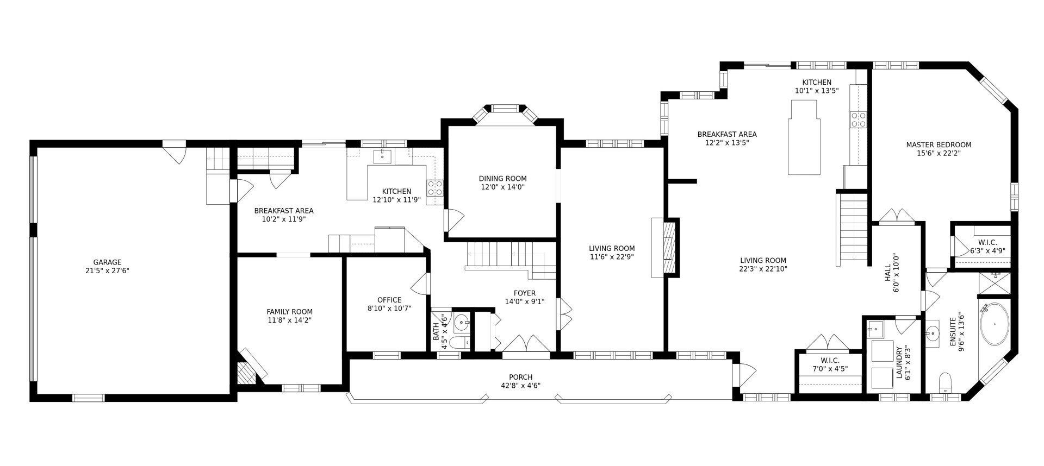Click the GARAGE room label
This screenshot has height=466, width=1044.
(x=107, y=262)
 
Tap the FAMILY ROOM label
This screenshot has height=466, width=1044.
(x=289, y=312)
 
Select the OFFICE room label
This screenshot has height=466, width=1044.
(x=389, y=300)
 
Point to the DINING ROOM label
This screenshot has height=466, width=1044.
(x=502, y=178)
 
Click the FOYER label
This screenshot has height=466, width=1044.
(x=524, y=293)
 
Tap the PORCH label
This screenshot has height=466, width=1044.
(x=520, y=377)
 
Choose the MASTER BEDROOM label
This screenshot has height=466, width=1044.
(x=939, y=145)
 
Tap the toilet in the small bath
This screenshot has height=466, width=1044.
(x=462, y=343)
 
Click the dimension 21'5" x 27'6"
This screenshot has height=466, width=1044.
(x=107, y=270)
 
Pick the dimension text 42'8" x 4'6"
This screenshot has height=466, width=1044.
(x=520, y=386)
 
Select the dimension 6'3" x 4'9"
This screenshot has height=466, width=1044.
(x=987, y=251)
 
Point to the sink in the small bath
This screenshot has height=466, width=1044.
(x=462, y=323)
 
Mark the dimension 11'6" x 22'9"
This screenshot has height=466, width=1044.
(x=612, y=257)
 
